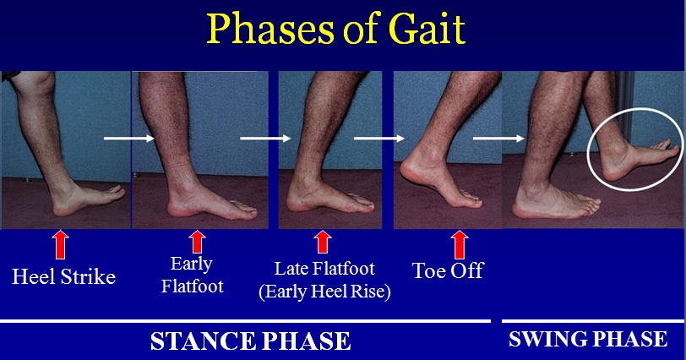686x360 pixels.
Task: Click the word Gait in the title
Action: (427, 29)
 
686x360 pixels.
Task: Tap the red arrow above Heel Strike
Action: (60, 245)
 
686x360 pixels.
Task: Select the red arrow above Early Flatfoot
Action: (197, 242)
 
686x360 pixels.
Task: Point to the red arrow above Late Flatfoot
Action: (323, 242)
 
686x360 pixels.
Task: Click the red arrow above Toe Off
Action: (460, 245)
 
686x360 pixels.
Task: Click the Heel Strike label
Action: (64, 277)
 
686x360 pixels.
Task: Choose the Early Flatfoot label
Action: (192, 275)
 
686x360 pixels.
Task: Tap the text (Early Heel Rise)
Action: (324, 292)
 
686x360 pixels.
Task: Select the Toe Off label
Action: (448, 270)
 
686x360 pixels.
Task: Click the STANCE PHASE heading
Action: (251, 341)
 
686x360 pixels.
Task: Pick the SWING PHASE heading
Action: (588, 339)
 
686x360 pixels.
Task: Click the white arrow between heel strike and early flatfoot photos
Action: (129, 139)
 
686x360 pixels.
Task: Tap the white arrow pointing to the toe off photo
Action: (378, 139)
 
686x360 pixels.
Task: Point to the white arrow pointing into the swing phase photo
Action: (498, 139)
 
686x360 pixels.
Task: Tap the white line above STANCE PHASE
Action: (245, 321)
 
